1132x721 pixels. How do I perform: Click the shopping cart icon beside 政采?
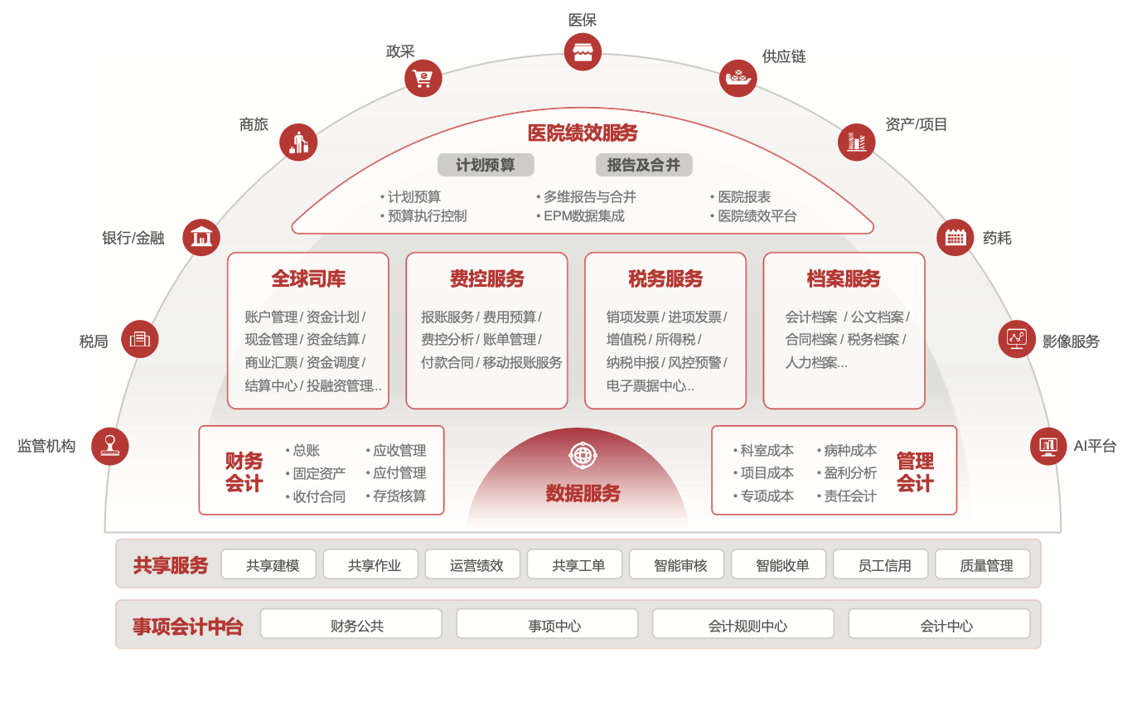point(423,79)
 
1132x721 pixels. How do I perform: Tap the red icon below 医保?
point(583,52)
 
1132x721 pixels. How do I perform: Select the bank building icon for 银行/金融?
point(201,238)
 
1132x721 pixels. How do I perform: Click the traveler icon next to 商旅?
point(298,143)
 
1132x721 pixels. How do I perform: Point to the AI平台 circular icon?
point(1048,446)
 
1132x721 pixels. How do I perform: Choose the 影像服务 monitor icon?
point(1017,339)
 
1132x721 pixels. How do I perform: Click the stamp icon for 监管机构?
point(110,446)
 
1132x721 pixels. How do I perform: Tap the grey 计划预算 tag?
point(486,165)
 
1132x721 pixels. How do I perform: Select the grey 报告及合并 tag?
point(644,165)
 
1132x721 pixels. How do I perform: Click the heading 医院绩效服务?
point(583,133)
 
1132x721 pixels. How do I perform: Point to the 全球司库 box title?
point(308,279)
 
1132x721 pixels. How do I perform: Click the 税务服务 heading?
point(665,279)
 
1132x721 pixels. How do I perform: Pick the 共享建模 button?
point(272,565)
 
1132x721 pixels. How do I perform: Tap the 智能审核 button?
point(680,565)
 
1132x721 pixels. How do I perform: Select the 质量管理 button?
point(986,565)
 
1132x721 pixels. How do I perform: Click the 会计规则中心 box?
point(747,626)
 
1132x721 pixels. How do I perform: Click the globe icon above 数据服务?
point(583,455)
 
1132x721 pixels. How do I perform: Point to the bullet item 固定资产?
point(319,473)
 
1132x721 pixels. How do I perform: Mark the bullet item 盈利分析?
point(850,473)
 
